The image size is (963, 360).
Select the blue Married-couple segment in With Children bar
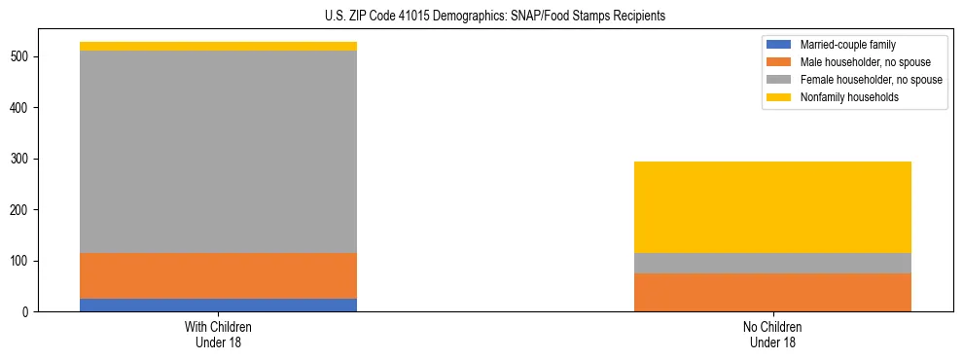[x=218, y=305]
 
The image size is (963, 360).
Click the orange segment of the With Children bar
[x=218, y=275]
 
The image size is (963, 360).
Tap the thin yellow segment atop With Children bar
[x=218, y=46]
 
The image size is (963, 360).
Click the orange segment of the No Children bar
[x=772, y=292]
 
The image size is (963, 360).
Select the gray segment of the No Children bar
[x=772, y=263]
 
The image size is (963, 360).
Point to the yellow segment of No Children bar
[x=772, y=207]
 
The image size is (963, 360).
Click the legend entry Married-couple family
[x=847, y=45]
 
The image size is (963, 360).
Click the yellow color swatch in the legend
[x=779, y=97]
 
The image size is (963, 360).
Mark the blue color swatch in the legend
[x=779, y=45]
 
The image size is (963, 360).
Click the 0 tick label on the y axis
[x=31, y=312]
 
